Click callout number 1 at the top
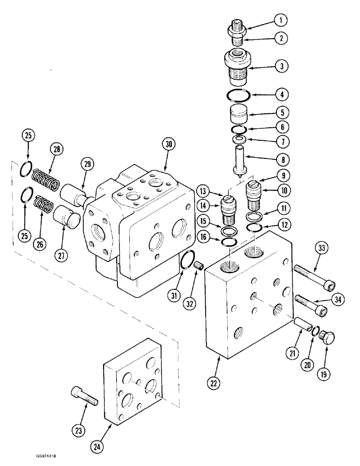click(280, 21)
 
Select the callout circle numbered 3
click(280, 66)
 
